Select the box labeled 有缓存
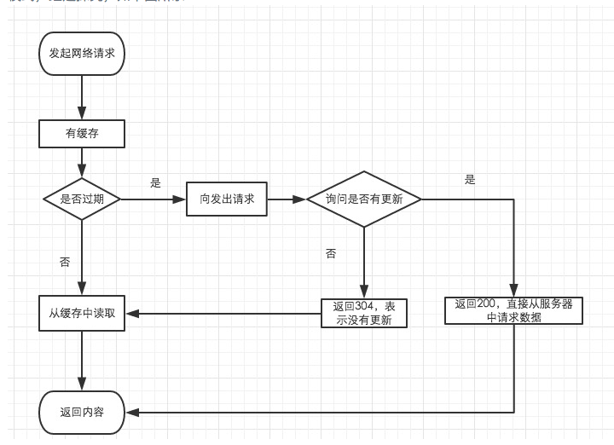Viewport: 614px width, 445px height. pos(82,133)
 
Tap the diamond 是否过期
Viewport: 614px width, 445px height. pos(82,199)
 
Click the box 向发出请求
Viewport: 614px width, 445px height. pos(227,199)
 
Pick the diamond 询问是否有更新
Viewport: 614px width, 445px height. pos(363,199)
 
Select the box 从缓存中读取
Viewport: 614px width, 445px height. pos(82,313)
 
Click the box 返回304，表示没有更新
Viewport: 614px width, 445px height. pos(365,313)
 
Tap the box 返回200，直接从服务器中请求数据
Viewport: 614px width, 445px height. pos(513,310)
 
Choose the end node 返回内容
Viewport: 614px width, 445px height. pos(82,413)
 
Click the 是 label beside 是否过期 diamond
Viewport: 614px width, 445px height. pos(155,182)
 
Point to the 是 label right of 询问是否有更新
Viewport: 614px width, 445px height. pos(470,180)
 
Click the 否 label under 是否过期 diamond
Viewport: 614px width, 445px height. pos(65,262)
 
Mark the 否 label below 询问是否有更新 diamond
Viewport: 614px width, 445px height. pos(331,254)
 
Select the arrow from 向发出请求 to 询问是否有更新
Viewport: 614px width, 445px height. pos(287,199)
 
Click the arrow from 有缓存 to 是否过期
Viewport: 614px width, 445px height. pos(82,162)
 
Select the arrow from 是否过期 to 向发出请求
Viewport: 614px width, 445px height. pos(153,199)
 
